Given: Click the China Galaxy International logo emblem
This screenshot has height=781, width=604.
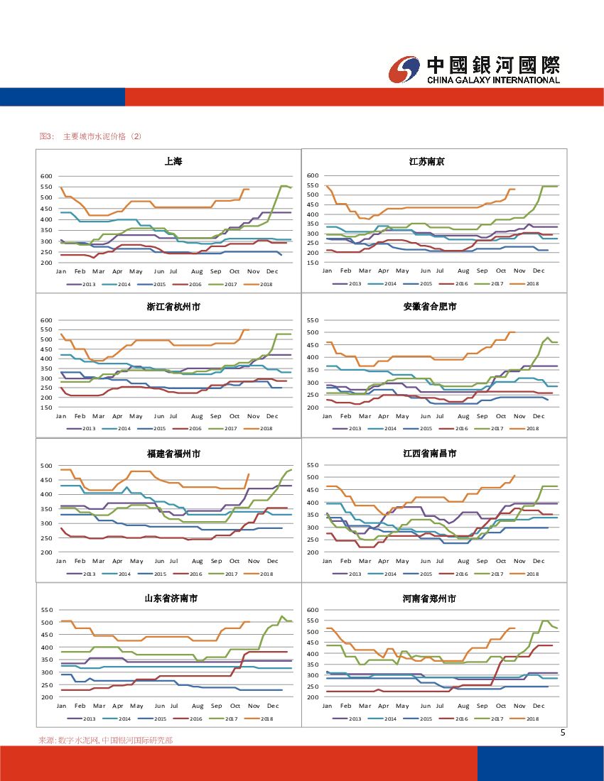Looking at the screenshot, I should (405, 69).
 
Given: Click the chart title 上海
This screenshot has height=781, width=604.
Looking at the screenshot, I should (173, 162).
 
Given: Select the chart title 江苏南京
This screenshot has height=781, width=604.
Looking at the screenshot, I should (426, 162).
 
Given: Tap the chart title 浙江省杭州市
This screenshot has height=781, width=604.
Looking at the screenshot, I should (173, 307).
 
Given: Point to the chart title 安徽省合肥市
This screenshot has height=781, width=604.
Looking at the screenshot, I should (430, 307).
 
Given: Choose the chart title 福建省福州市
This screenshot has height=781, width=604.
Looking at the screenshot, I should (173, 453).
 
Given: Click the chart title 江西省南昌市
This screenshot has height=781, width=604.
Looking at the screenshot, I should (430, 453).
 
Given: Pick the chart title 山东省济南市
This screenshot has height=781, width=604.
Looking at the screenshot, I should (171, 599).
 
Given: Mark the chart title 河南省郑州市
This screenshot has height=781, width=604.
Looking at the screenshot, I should (430, 599).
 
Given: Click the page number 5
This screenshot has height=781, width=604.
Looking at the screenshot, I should (563, 733).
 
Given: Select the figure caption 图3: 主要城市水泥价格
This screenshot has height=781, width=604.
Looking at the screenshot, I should (91, 136).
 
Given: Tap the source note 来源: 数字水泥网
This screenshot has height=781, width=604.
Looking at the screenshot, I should (105, 740).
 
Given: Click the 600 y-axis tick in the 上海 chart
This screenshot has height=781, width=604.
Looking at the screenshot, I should (47, 176).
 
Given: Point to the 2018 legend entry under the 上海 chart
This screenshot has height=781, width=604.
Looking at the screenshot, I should (261, 284).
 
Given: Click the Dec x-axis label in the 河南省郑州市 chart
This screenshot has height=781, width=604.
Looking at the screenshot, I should (539, 706).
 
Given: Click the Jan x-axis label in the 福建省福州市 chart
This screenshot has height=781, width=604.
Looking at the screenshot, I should (61, 561).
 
